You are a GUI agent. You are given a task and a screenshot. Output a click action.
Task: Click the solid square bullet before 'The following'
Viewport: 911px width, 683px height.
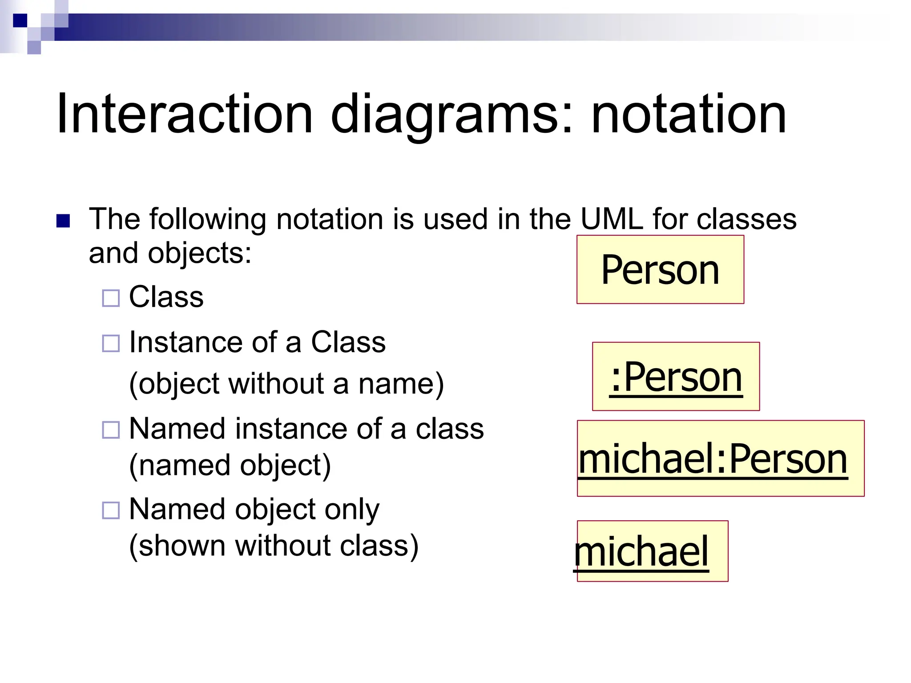click(63, 221)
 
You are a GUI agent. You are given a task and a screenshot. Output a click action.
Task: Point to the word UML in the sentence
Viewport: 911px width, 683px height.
click(612, 219)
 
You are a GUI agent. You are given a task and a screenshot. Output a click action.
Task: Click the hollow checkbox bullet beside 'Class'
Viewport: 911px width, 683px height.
click(111, 298)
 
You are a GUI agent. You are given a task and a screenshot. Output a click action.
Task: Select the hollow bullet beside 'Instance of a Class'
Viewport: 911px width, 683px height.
click(111, 343)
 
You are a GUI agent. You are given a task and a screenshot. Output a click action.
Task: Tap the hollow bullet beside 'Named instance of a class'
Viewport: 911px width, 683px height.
click(111, 430)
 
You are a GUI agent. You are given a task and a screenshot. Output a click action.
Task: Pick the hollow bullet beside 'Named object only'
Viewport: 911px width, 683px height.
click(111, 510)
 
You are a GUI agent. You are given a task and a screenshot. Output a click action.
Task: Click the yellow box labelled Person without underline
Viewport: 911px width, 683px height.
click(660, 269)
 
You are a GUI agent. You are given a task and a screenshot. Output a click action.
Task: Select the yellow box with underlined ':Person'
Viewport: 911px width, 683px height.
click(676, 376)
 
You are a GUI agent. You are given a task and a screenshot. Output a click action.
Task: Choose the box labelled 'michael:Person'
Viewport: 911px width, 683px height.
click(721, 458)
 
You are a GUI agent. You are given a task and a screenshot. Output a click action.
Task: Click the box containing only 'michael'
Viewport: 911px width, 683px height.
click(653, 551)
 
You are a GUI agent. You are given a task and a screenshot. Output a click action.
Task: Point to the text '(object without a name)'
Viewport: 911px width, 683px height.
click(286, 384)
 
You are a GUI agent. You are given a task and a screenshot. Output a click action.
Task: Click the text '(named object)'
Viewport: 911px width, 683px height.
click(230, 466)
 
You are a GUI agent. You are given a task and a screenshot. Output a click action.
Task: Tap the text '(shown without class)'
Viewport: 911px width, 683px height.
click(274, 546)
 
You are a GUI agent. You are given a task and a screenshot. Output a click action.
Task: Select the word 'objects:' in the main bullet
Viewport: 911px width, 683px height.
click(200, 253)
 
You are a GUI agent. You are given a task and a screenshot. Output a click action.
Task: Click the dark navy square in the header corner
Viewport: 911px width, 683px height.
click(20, 20)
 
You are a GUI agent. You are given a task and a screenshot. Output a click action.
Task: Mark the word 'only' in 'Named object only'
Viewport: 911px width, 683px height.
click(352, 509)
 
